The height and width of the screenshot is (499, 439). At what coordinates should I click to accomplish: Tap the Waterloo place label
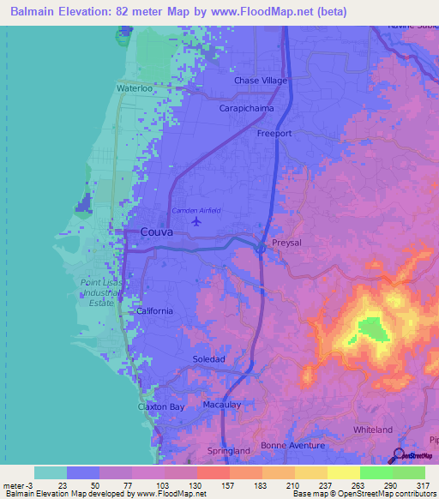(x=134, y=87)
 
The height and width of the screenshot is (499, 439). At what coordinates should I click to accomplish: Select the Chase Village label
(x=261, y=81)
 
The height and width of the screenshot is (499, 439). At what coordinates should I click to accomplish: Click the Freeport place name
(x=274, y=134)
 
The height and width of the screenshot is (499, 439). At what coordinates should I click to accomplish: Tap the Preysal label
(x=286, y=243)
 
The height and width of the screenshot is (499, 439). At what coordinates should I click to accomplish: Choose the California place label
(x=154, y=311)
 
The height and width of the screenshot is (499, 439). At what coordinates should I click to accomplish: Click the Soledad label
(x=208, y=359)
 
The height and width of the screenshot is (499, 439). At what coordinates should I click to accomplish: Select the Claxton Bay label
(x=161, y=406)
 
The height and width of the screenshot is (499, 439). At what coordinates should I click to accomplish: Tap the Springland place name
(x=230, y=450)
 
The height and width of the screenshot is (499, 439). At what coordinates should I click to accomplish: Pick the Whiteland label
(x=373, y=430)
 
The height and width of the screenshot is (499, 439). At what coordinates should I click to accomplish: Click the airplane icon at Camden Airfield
(x=197, y=221)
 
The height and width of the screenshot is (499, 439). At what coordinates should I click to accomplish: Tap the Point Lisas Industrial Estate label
(x=103, y=292)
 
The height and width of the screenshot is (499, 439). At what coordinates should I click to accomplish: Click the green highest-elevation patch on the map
(x=371, y=328)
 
